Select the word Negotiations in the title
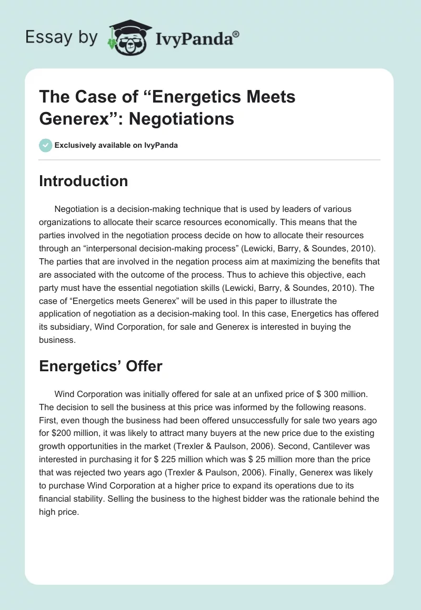[182, 118]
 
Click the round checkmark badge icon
[46, 145]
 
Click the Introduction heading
[83, 181]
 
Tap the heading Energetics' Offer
[101, 366]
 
